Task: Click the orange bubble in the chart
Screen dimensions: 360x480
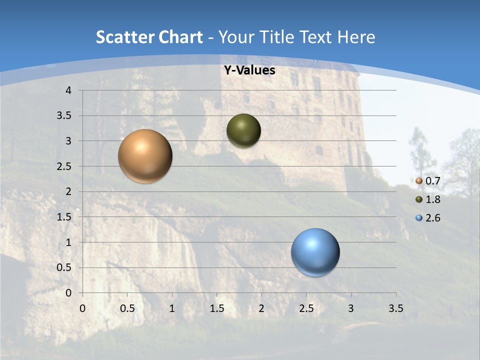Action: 145,156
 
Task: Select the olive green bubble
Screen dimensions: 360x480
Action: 243,130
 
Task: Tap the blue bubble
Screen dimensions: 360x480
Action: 315,252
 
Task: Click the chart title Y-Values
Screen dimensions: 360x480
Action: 249,70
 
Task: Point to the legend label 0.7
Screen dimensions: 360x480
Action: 432,181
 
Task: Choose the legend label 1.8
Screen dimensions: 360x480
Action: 432,199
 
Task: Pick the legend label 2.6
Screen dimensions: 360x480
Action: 432,218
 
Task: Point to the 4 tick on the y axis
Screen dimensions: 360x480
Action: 69,90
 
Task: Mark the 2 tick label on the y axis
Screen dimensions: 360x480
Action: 69,191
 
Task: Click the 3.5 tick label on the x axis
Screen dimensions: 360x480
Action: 395,308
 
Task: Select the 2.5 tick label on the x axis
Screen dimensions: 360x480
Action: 306,308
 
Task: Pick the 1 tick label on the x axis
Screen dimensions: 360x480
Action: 172,308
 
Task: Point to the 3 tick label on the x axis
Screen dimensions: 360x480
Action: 351,308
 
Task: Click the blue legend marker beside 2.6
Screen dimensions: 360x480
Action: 419,218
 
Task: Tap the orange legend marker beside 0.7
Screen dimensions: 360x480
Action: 419,181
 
